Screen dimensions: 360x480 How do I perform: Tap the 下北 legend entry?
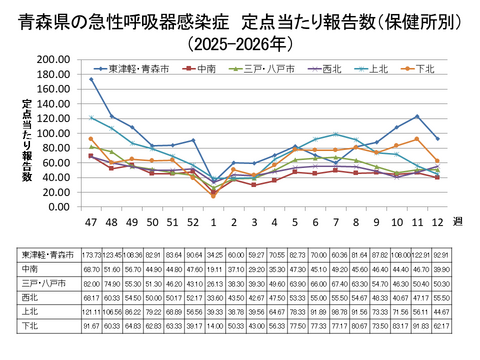tap(422, 69)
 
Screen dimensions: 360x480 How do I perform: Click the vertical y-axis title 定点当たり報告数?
tap(27, 140)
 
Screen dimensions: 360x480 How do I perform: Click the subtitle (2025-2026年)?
tap(240, 44)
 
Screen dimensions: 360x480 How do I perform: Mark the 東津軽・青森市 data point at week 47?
tap(90, 78)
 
